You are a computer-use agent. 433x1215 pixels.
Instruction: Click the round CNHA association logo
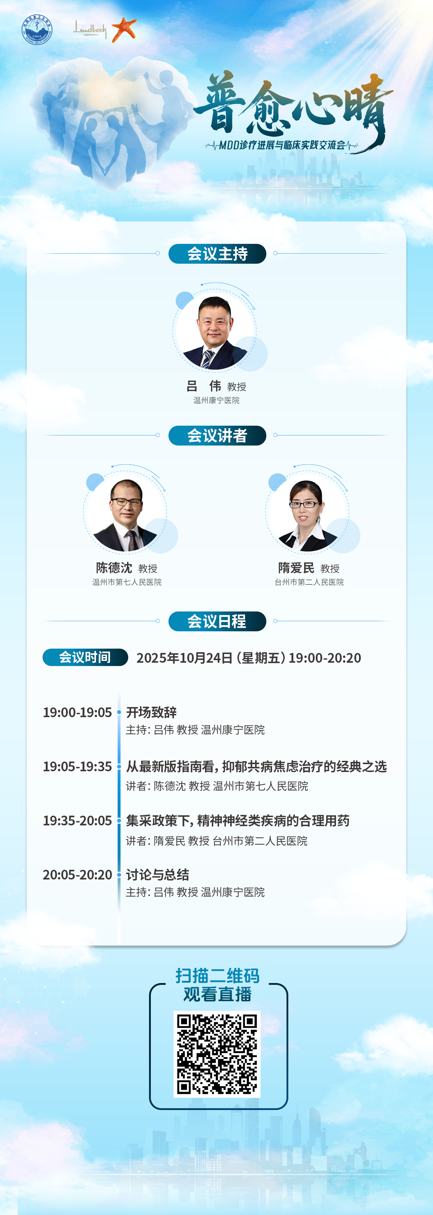point(37,30)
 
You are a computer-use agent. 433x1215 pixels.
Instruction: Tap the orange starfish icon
point(124,29)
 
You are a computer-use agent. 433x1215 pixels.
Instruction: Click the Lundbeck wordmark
point(89,29)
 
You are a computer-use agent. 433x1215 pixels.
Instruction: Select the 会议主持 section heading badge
point(217,254)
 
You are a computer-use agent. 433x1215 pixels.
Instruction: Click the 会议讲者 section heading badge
point(217,435)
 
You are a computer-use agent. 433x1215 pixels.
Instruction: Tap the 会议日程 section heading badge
point(217,621)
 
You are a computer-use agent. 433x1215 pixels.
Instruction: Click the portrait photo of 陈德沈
point(125,514)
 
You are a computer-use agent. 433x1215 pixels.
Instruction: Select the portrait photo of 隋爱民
point(307,514)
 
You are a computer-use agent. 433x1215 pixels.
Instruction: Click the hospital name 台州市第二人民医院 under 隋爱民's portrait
point(309,582)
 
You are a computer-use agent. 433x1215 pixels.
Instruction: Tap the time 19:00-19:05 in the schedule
point(77,712)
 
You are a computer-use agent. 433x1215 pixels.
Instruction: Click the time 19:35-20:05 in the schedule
point(77,821)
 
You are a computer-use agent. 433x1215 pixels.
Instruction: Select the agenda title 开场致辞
point(152,712)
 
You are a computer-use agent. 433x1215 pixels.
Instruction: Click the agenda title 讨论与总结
point(158,875)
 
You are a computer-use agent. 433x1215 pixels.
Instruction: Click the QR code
point(217,1054)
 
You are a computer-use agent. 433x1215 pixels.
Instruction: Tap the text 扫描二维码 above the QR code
point(218,975)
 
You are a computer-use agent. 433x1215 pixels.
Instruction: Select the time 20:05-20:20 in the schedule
point(77,875)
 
